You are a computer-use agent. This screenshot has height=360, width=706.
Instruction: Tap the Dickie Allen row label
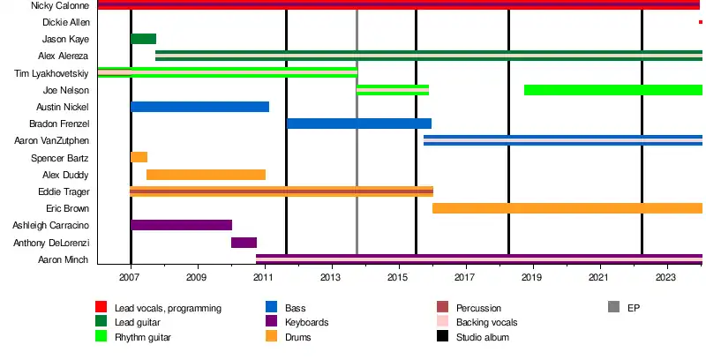pyautogui.click(x=67, y=22)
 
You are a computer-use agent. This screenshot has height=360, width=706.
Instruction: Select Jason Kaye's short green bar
pyautogui.click(x=143, y=39)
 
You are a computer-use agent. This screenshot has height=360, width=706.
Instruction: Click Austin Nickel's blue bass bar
pyautogui.click(x=199, y=107)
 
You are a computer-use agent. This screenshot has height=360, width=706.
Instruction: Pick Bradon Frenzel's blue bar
pyautogui.click(x=358, y=124)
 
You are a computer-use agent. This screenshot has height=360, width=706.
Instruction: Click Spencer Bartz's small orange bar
pyautogui.click(x=139, y=157)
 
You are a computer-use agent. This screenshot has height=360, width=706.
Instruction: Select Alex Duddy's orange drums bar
pyautogui.click(x=206, y=175)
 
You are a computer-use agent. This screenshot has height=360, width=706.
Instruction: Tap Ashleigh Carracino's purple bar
pyautogui.click(x=181, y=225)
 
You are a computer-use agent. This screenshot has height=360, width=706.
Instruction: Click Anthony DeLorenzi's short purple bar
pyautogui.click(x=244, y=243)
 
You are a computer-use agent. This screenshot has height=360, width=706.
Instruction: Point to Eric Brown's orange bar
pyautogui.click(x=567, y=208)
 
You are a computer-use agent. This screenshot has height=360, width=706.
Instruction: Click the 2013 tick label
pyautogui.click(x=332, y=277)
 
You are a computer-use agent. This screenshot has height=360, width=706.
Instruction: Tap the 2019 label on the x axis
pyautogui.click(x=532, y=277)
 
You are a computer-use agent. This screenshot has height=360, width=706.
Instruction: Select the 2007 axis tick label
pyautogui.click(x=131, y=277)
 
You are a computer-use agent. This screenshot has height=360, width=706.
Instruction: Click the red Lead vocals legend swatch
pyautogui.click(x=101, y=308)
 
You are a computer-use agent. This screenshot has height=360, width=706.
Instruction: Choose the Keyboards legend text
pyautogui.click(x=306, y=323)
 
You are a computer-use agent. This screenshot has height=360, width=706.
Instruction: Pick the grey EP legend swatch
pyautogui.click(x=613, y=308)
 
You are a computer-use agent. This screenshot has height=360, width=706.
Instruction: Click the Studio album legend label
pyautogui.click(x=483, y=337)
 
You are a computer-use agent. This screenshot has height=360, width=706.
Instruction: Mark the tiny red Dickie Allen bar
pyautogui.click(x=700, y=22)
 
